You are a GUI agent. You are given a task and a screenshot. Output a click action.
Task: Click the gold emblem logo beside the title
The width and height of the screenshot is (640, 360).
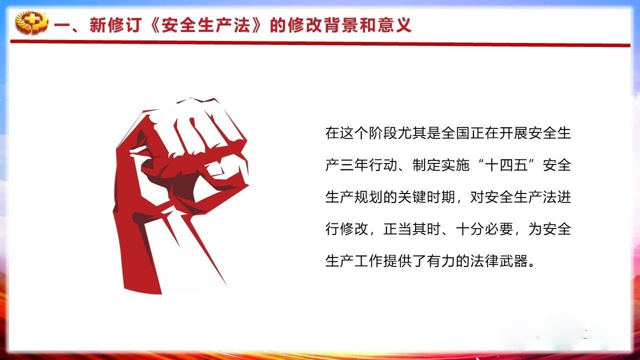pos(31,22)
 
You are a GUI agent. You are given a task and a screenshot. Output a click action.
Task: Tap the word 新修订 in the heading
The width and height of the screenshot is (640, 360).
pos(115,25)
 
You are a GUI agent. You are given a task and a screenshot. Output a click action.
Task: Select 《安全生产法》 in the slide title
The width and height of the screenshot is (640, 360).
pos(205,25)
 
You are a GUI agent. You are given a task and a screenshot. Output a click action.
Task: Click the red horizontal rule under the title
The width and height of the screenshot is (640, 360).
pos(320,43)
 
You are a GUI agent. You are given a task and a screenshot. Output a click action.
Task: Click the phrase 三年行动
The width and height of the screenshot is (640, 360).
pos(368,165)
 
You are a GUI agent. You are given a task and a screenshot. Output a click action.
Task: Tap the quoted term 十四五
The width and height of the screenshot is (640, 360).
pos(506,165)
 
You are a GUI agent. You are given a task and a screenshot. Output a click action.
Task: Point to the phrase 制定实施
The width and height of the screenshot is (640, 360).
pos(441,165)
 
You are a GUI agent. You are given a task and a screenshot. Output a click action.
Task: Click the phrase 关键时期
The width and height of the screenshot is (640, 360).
pos(426,197)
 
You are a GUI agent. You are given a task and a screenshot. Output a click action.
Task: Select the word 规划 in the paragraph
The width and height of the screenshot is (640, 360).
pos(368,197)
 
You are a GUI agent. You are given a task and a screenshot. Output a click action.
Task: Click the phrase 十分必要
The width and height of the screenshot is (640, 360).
pos(484,229)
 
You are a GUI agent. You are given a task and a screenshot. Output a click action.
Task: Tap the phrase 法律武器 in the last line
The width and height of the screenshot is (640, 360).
pos(499,261)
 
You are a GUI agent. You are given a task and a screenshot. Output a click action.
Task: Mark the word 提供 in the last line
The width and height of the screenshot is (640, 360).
pos(397,261)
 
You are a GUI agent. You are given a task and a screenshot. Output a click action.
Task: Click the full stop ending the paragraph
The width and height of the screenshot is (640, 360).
pos(531,264)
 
